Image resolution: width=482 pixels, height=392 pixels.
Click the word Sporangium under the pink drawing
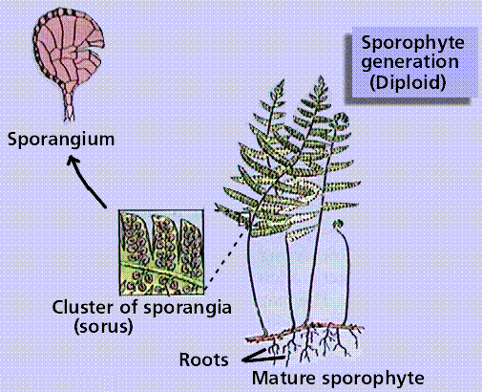(61, 140)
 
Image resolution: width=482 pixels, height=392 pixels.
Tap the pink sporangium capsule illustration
(68, 48)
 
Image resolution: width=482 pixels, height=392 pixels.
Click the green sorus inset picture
(161, 252)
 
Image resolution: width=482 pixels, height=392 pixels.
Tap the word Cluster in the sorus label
(82, 308)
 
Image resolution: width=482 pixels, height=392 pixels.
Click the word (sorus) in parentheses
(103, 327)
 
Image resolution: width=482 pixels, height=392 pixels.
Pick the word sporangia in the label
(187, 309)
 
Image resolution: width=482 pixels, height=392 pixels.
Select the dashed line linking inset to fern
(224, 260)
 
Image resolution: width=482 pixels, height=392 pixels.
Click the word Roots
(203, 359)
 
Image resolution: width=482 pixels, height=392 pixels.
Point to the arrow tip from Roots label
(243, 360)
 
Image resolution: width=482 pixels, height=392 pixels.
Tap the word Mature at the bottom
(283, 379)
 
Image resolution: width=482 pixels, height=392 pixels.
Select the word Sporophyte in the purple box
(412, 44)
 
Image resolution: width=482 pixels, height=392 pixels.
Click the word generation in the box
(409, 62)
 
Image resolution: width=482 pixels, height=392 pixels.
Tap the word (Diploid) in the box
(408, 82)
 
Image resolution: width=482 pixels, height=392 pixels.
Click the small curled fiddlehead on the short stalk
(339, 224)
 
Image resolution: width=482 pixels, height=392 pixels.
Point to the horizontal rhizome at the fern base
(305, 332)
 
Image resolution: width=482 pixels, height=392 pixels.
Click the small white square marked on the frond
(243, 220)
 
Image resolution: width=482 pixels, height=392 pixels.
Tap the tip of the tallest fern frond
(321, 77)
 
